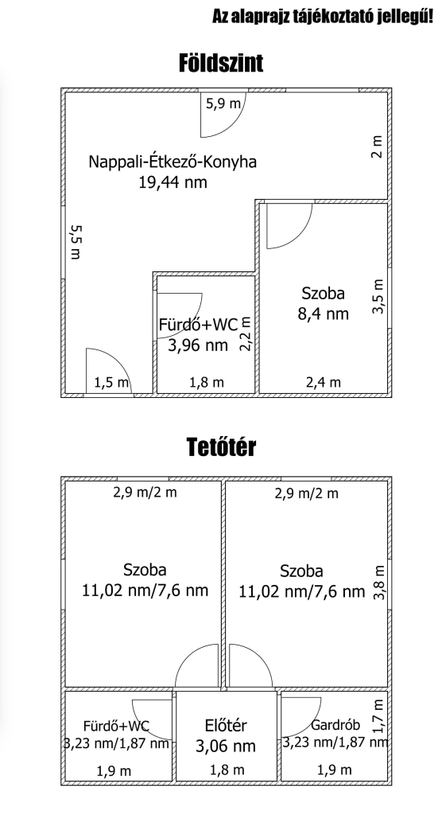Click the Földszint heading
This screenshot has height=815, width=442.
(x=221, y=63)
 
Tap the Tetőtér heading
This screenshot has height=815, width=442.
(x=221, y=447)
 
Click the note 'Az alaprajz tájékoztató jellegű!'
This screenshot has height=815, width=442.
(x=323, y=17)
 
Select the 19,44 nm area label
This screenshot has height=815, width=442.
(x=173, y=182)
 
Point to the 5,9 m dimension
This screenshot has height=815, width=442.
(x=223, y=103)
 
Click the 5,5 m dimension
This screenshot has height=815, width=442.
(x=76, y=242)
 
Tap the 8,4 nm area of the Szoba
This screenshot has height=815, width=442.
(x=323, y=314)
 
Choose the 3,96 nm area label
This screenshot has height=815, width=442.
(x=198, y=345)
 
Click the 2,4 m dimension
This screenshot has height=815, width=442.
(x=324, y=383)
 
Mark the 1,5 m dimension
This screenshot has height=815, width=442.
(x=111, y=383)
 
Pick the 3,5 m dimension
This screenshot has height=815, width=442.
(x=378, y=296)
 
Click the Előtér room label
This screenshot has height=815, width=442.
(x=226, y=725)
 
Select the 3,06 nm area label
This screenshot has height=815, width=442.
(x=226, y=747)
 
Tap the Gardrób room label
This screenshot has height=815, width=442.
(x=335, y=725)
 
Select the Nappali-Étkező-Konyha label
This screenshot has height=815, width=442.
(x=173, y=162)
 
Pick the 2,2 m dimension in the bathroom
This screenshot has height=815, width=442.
(x=246, y=334)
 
